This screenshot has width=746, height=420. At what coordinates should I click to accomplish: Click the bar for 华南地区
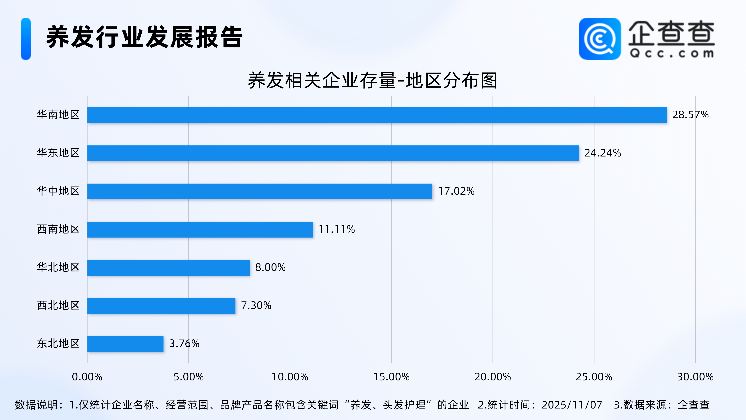[376, 115]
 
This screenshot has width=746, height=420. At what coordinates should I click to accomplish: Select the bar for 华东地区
[333, 153]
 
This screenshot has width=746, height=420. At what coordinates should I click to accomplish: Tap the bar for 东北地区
[125, 344]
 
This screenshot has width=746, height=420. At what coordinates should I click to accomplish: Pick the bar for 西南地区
[200, 230]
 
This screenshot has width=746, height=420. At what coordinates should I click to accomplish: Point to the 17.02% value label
[456, 191]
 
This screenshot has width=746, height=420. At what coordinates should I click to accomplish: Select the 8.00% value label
[270, 267]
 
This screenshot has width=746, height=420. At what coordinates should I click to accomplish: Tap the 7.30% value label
[256, 306]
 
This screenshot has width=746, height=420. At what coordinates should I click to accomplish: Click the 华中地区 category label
[58, 191]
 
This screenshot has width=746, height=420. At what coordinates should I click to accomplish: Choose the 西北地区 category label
[58, 306]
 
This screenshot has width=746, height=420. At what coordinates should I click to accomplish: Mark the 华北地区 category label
[58, 267]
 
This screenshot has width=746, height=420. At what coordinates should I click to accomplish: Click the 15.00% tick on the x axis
[391, 377]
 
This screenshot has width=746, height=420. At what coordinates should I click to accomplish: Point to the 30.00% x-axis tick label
[695, 377]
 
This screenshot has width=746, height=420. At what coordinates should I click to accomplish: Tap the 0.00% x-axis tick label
[87, 377]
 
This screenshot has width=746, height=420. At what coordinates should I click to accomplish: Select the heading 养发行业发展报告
[144, 37]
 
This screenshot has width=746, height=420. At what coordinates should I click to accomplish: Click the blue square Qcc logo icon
[599, 39]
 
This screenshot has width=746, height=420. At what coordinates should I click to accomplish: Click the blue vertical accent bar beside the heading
[26, 39]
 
